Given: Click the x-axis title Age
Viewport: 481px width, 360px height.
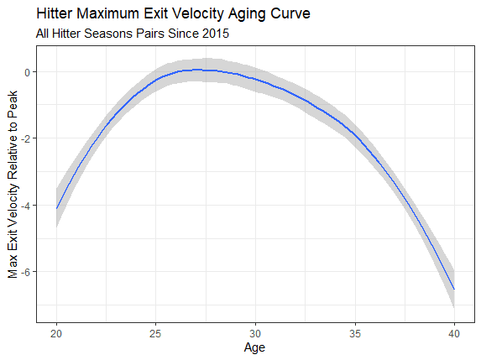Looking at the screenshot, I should [255, 347].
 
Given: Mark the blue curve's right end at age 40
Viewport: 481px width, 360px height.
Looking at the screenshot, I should [453, 289].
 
